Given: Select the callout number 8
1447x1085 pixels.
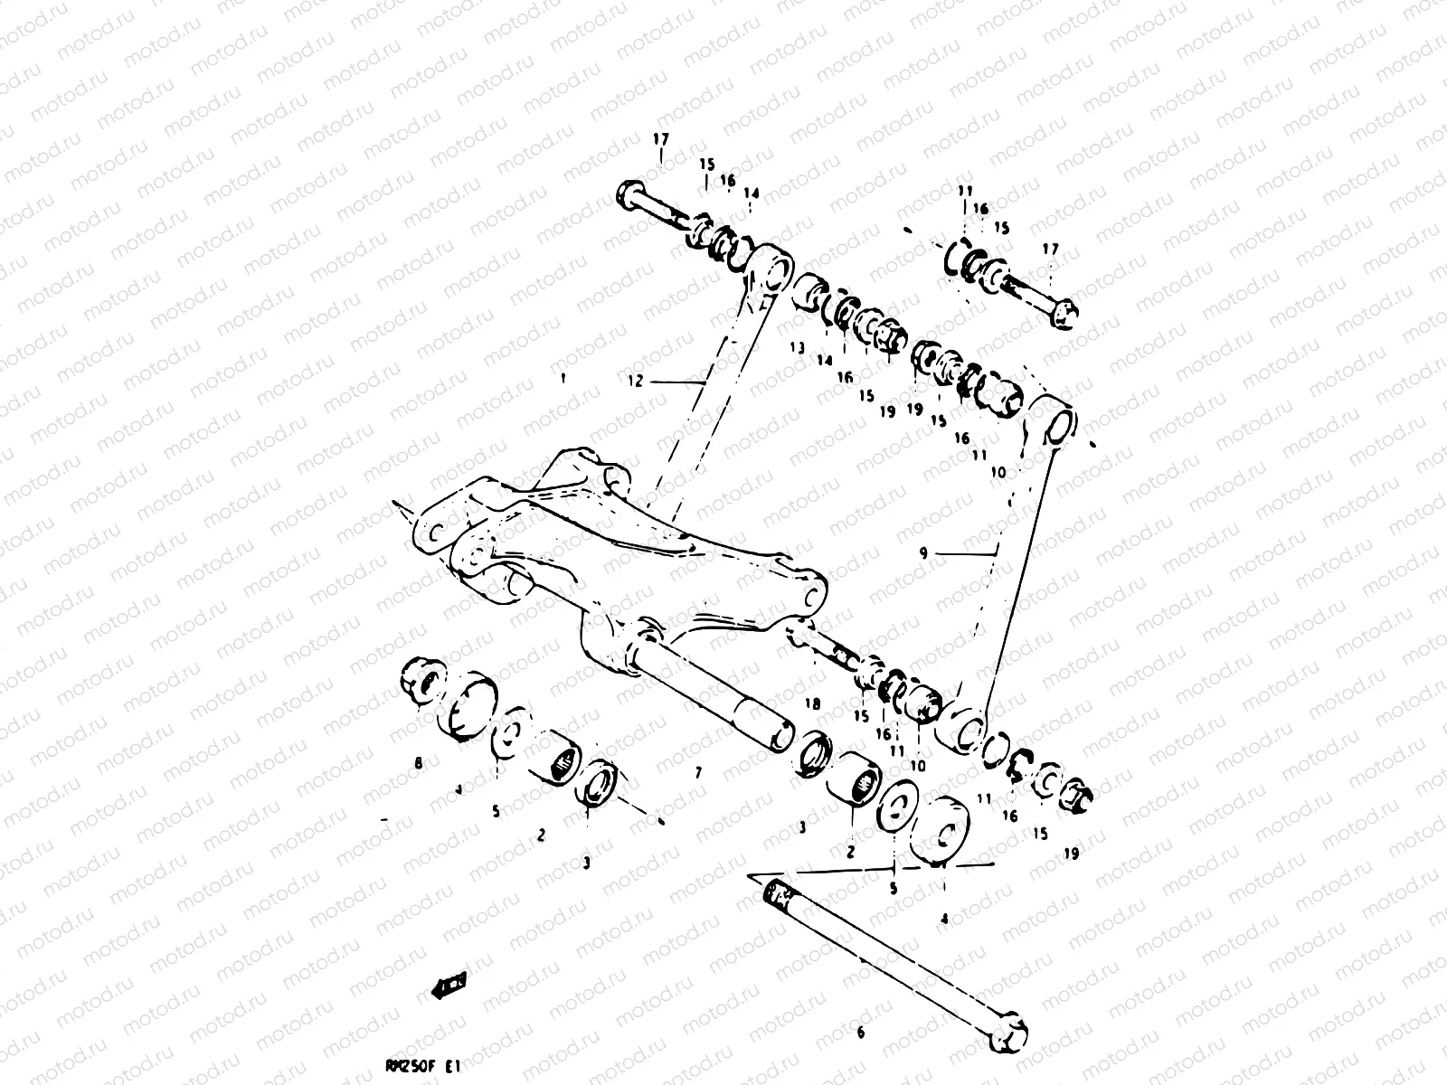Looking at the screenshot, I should (x=418, y=763).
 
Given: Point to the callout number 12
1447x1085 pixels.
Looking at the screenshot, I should (x=635, y=381).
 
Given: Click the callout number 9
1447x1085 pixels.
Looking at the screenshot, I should (x=923, y=553).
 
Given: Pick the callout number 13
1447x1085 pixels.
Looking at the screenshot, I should (x=796, y=347).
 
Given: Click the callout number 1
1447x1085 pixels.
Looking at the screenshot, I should (x=563, y=379).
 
